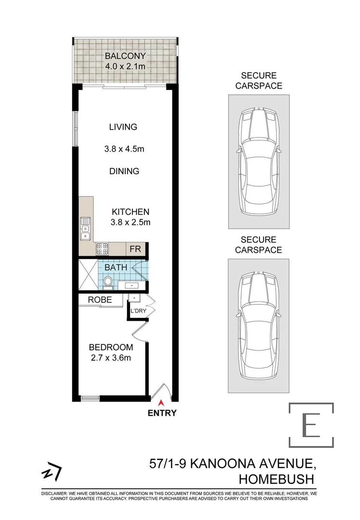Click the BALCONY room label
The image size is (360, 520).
(125, 55)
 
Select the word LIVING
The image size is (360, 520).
(123, 127)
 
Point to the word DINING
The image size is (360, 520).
(124, 171)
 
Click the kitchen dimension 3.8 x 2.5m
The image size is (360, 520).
(131, 222)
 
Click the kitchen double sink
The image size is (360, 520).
(85, 228)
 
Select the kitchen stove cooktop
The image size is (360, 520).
(103, 248)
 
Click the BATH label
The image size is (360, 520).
(116, 267)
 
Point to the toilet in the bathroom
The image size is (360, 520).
(108, 283)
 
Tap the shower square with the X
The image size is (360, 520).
(88, 276)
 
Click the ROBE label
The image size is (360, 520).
(100, 300)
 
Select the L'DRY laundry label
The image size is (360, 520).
(138, 312)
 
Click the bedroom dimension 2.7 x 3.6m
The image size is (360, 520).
(111, 357)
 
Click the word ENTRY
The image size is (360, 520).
(162, 413)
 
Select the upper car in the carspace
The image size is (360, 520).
(258, 161)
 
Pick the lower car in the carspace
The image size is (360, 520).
(258, 326)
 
